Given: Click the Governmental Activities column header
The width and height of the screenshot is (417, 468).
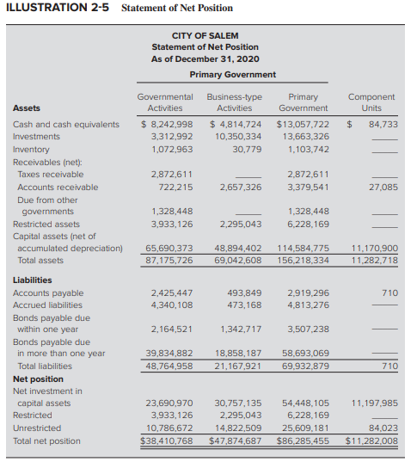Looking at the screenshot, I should point(165,102).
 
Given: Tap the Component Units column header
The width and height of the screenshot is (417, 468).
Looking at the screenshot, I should point(371,102).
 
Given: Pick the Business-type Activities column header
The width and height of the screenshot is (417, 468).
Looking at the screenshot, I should point(234,102).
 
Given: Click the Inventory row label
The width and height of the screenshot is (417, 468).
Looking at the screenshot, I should point(31,149).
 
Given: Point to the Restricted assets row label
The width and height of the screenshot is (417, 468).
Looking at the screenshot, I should point(46,224).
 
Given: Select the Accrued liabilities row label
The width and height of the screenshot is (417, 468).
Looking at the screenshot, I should point(48,305).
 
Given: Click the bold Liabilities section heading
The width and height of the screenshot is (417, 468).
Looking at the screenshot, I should point(33,280).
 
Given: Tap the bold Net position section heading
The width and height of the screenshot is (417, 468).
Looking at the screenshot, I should point(38,379).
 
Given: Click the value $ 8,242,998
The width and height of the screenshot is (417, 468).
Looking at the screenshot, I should point(167,124).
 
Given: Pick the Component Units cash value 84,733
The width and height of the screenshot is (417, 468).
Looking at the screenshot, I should point(383,124).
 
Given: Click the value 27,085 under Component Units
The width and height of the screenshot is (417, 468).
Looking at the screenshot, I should point(383,186).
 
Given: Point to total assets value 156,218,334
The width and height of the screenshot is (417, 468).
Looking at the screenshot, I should point(303,260).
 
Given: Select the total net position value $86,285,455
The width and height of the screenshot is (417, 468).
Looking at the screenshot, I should point(303,440).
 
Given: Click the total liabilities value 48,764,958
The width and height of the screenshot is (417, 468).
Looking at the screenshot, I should point(169,366).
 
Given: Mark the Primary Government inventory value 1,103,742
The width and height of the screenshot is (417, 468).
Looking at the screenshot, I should point(306,149).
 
